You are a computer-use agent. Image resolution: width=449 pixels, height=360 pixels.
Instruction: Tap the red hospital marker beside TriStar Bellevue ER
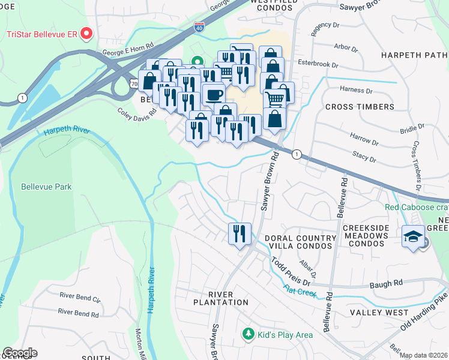(x=86, y=33)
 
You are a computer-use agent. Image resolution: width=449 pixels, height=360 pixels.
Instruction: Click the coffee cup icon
(x=214, y=95)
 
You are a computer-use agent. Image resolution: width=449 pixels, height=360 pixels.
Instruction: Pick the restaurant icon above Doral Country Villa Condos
(x=240, y=233)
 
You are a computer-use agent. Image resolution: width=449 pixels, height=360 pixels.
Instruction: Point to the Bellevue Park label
(x=46, y=187)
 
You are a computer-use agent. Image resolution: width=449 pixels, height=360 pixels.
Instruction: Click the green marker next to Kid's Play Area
(x=246, y=333)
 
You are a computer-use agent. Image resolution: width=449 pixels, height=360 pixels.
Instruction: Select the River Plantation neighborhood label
(x=220, y=298)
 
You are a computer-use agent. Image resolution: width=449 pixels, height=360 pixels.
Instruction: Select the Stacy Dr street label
(x=364, y=157)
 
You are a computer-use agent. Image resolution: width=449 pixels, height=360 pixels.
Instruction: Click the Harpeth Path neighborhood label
(x=414, y=56)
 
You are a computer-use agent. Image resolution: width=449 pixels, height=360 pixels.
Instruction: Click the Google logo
(x=20, y=353)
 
